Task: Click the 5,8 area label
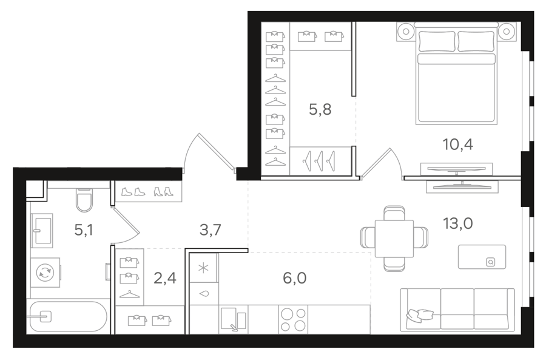pos(320,110)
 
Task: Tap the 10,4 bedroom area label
pos(457,144)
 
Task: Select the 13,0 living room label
pos(457,223)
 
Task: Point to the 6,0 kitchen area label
pos(295,278)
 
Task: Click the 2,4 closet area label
pos(164,278)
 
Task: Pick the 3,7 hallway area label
pos(211,230)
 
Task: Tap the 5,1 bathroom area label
pos(84,230)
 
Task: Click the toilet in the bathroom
pos(84,200)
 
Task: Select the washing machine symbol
pos(45,273)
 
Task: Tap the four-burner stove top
pos(293,319)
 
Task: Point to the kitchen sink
pos(234,319)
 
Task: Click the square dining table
pos(394,239)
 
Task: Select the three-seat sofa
pos(457,309)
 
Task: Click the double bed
pos(456,73)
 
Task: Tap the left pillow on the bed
pos(437,41)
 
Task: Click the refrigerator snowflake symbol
pos(203,268)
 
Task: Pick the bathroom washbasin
pos(42,230)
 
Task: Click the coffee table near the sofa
pos(482,257)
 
